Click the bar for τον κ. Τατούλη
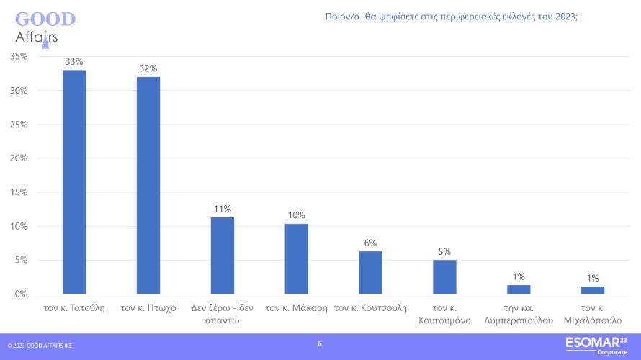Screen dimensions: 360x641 point(74,181)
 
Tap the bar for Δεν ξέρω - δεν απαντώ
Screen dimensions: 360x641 point(222,256)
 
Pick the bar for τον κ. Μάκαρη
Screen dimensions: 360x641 point(296,258)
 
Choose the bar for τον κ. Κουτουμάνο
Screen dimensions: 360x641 point(444,276)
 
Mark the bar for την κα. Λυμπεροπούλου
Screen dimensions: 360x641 point(519,289)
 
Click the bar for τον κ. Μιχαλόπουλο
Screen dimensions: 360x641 point(593,290)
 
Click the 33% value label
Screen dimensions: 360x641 point(74,62)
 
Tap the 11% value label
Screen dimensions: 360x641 point(222,209)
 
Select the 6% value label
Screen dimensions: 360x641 point(370,243)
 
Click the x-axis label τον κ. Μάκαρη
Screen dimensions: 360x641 point(296,308)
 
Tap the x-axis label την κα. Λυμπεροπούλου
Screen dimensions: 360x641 point(519,315)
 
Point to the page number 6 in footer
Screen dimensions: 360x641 point(320,344)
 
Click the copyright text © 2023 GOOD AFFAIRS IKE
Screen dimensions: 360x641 point(40,346)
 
